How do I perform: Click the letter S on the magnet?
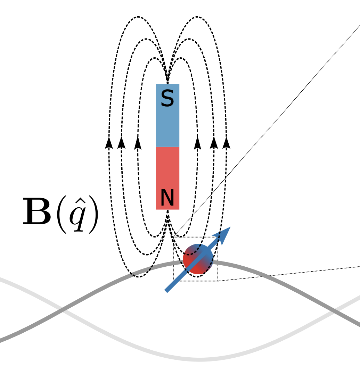click(x=167, y=99)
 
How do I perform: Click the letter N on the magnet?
click(x=167, y=198)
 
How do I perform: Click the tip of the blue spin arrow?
click(x=230, y=227)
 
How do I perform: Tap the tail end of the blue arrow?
click(x=166, y=291)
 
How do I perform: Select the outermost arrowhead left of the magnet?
click(x=109, y=143)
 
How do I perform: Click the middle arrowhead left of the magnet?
click(x=122, y=143)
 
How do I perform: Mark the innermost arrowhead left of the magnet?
click(x=138, y=143)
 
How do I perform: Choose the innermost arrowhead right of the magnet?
click(x=197, y=143)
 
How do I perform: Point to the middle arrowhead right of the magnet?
click(x=214, y=143)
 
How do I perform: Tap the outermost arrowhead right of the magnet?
click(x=227, y=143)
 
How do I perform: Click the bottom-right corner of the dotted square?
click(x=218, y=281)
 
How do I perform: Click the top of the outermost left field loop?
click(x=138, y=17)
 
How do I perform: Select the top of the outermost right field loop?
click(x=197, y=17)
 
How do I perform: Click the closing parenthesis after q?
click(x=94, y=214)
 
